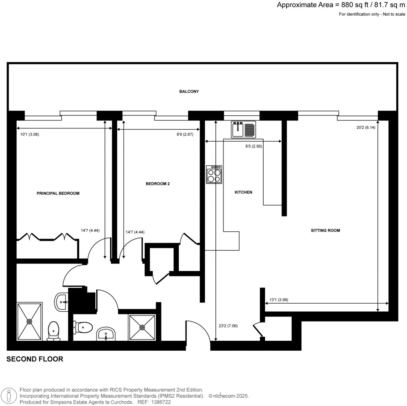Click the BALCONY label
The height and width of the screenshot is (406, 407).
189,92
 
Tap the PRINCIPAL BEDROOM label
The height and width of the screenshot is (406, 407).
58,193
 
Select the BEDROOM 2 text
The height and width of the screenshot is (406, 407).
158,184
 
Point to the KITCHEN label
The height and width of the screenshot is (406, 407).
243,192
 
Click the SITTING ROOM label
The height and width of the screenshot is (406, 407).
326,230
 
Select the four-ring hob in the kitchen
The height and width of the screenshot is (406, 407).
214,174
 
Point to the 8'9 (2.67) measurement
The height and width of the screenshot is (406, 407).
185,135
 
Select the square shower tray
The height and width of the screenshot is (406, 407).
142,328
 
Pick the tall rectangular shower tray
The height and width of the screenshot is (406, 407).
29,321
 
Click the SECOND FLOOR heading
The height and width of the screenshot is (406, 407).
35,359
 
